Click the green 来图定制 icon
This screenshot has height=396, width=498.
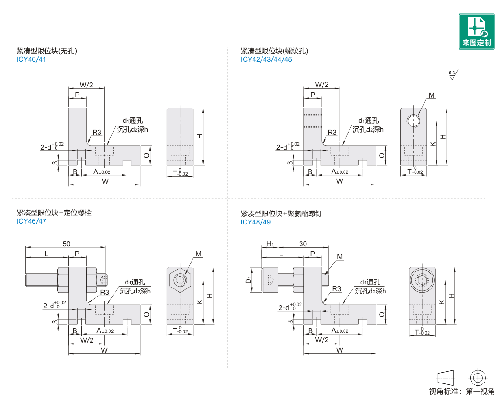point(476,31)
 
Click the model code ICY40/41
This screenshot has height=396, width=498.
point(31,60)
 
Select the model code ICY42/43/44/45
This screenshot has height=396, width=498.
point(266,60)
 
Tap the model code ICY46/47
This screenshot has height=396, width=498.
point(31,221)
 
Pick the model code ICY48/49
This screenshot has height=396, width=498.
point(256,222)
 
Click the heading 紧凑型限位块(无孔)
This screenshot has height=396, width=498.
point(48,51)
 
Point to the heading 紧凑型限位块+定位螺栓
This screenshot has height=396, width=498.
point(54,213)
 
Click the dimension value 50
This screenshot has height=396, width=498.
point(66,244)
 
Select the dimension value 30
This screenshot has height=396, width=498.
point(303,244)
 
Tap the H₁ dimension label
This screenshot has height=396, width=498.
point(270,244)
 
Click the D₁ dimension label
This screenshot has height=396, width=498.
point(248,280)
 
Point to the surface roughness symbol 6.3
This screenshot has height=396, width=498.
point(452,75)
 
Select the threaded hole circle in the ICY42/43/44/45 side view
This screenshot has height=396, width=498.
point(413,120)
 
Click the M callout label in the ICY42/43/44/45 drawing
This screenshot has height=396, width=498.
point(432,95)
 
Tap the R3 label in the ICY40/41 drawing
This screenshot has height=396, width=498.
point(97,133)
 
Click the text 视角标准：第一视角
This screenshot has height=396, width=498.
point(462,391)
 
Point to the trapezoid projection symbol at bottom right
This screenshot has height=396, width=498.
point(446,377)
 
